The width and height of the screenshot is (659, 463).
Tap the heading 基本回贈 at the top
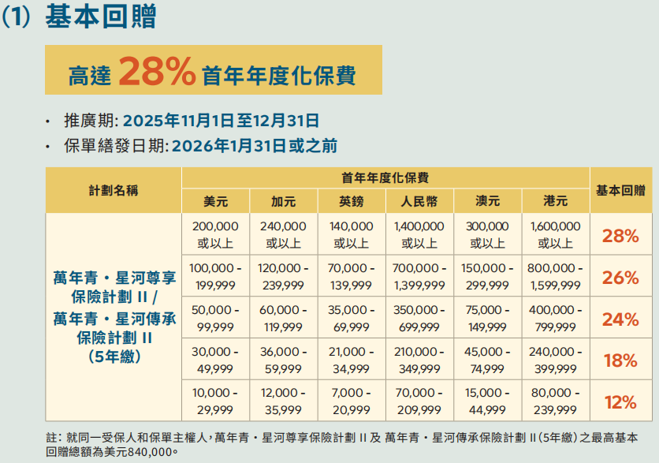click(x=100, y=17)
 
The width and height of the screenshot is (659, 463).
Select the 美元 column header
click(x=215, y=200)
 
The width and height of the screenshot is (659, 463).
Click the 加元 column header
click(x=283, y=200)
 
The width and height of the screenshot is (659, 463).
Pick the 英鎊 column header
click(x=351, y=200)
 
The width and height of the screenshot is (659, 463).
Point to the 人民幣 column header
click(x=419, y=200)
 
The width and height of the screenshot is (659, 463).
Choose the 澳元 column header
click(x=487, y=200)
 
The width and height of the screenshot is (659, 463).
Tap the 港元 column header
click(x=555, y=200)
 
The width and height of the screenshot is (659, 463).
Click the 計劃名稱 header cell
click(x=114, y=189)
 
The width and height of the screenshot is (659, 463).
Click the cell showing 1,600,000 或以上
click(x=555, y=235)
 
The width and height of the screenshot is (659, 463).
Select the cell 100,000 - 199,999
click(x=215, y=277)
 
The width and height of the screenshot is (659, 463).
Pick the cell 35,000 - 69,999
click(x=351, y=319)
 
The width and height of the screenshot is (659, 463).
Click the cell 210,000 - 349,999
click(x=419, y=360)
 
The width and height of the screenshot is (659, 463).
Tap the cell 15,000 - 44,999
click(x=487, y=401)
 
